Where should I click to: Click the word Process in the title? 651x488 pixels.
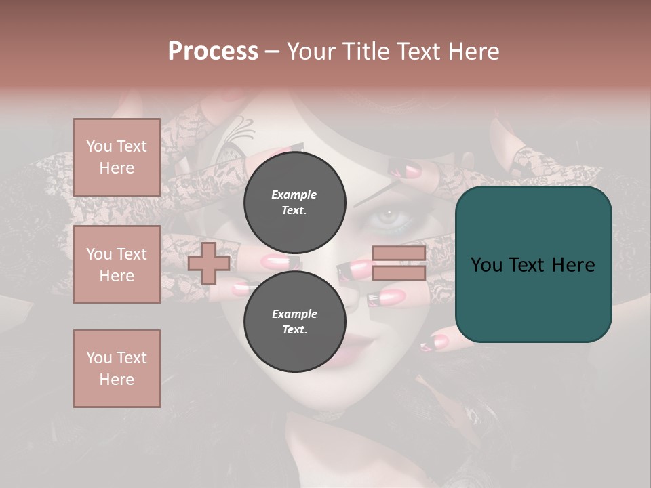click(x=213, y=52)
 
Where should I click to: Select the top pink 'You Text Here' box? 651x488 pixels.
click(x=117, y=157)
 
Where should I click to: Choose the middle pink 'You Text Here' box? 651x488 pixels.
click(x=117, y=264)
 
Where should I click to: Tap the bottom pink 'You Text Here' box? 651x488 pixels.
click(x=117, y=369)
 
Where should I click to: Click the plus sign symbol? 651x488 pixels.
click(x=209, y=263)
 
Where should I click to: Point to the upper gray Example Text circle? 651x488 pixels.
click(x=294, y=202)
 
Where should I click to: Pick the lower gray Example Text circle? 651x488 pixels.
click(x=294, y=321)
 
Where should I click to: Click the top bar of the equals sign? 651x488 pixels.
click(x=399, y=253)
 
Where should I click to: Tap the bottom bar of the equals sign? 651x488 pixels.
click(x=399, y=272)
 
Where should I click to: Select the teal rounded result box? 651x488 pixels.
click(x=533, y=264)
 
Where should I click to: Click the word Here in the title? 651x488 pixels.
click(x=475, y=52)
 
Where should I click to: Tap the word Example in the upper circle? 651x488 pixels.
click(x=294, y=195)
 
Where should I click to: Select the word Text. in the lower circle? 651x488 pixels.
click(x=294, y=329)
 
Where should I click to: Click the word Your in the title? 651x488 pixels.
click(x=311, y=52)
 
